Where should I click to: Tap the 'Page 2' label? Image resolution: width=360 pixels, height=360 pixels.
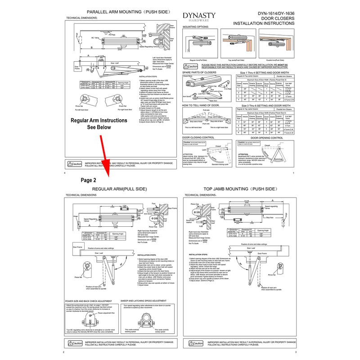(x=88, y=179)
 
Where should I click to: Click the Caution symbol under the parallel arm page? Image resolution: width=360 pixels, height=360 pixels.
(x=74, y=164)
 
